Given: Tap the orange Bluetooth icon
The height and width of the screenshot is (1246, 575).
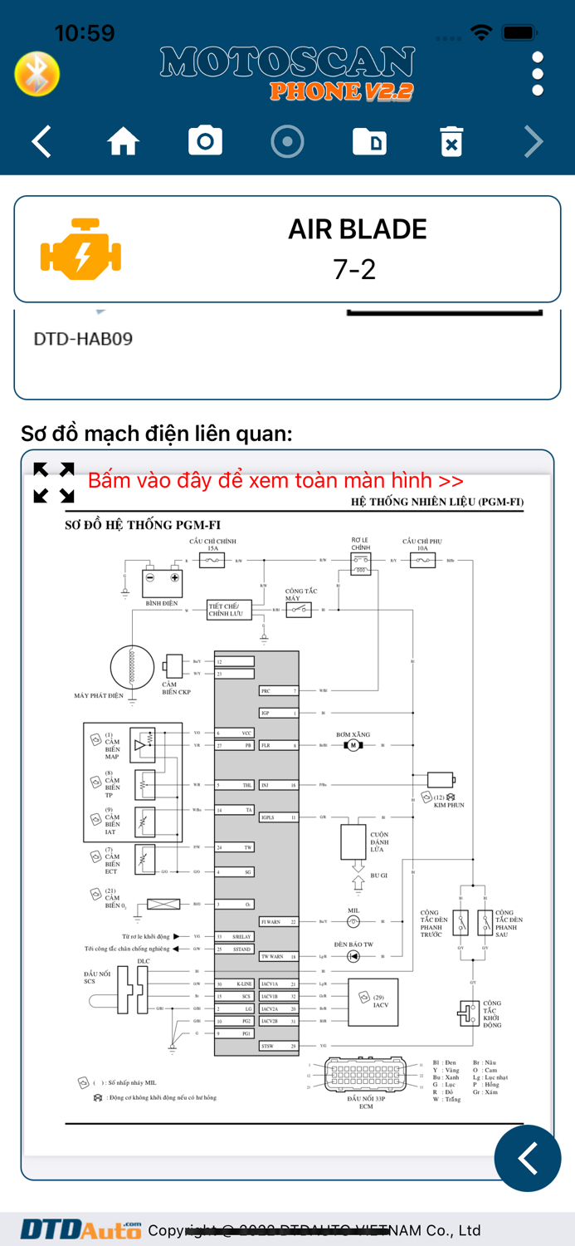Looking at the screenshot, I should click(x=37, y=75).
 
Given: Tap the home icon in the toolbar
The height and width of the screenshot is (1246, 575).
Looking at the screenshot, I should click(x=123, y=142).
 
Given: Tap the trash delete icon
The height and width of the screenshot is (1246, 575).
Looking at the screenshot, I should click(x=451, y=142).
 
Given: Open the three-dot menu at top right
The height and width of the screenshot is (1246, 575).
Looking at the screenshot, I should click(x=538, y=74).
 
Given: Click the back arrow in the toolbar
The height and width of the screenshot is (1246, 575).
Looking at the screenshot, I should click(x=42, y=142).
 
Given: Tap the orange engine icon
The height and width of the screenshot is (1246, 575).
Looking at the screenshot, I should click(x=80, y=249).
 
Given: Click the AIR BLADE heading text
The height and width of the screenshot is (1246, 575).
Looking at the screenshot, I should click(x=357, y=229).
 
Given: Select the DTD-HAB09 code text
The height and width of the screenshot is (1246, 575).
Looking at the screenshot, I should click(x=83, y=339).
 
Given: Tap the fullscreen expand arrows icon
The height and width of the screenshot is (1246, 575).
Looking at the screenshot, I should click(x=54, y=483).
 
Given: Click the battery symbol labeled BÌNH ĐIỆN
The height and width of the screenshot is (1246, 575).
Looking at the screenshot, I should click(x=162, y=583).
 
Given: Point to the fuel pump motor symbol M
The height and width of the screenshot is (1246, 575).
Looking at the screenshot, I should click(x=353, y=745).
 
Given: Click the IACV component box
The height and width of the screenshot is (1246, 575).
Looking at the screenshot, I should click(x=373, y=1002).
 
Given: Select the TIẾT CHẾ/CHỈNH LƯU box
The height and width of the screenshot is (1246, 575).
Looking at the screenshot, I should click(x=229, y=610).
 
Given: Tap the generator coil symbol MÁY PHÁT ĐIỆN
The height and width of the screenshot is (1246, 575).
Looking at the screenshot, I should click(x=132, y=667).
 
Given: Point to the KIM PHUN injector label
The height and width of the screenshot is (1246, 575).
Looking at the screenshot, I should click(x=449, y=805).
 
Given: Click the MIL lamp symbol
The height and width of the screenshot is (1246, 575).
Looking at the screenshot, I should click(x=353, y=921).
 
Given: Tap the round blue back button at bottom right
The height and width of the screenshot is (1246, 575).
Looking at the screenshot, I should click(x=527, y=1158).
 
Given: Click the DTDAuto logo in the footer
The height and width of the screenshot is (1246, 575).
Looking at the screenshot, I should click(x=80, y=1229).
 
